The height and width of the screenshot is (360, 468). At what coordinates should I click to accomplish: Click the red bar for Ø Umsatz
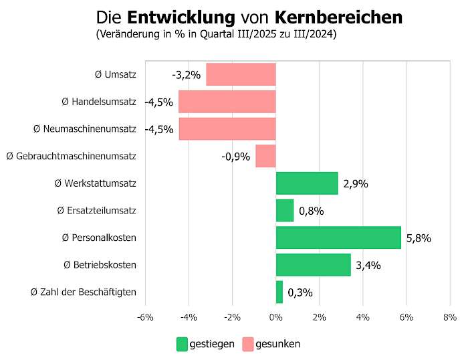coord(241,74)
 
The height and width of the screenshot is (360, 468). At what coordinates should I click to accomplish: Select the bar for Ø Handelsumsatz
coord(227,102)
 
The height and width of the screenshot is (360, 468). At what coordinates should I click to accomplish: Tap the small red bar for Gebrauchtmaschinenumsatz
coord(265,156)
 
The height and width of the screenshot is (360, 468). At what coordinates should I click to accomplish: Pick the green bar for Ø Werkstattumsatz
coord(307,183)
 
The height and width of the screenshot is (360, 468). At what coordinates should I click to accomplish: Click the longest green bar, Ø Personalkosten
coord(338,238)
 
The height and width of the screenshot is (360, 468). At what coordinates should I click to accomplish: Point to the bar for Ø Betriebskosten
coord(313,265)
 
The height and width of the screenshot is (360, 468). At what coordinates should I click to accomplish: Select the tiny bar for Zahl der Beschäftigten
coord(279,292)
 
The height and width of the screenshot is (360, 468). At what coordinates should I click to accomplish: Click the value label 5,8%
coord(419,238)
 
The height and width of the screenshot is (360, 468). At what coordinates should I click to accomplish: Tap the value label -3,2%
coord(186,75)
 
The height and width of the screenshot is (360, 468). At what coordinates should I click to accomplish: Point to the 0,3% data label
coord(300,292)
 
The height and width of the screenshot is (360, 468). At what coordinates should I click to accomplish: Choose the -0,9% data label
coord(236,157)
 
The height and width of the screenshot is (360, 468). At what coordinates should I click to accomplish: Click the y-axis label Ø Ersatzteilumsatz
coord(97,211)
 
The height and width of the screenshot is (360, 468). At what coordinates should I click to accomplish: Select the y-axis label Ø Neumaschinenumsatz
coord(85,128)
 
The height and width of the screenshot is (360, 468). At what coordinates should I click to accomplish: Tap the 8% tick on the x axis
coord(450,317)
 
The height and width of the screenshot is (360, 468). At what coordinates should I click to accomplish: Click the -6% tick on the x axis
coord(145,317)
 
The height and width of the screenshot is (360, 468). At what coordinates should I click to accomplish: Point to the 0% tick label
coord(275,317)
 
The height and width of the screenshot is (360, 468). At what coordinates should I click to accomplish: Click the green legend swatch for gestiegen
coord(182,344)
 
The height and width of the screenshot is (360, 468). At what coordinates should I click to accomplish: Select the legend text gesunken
coord(279,344)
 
